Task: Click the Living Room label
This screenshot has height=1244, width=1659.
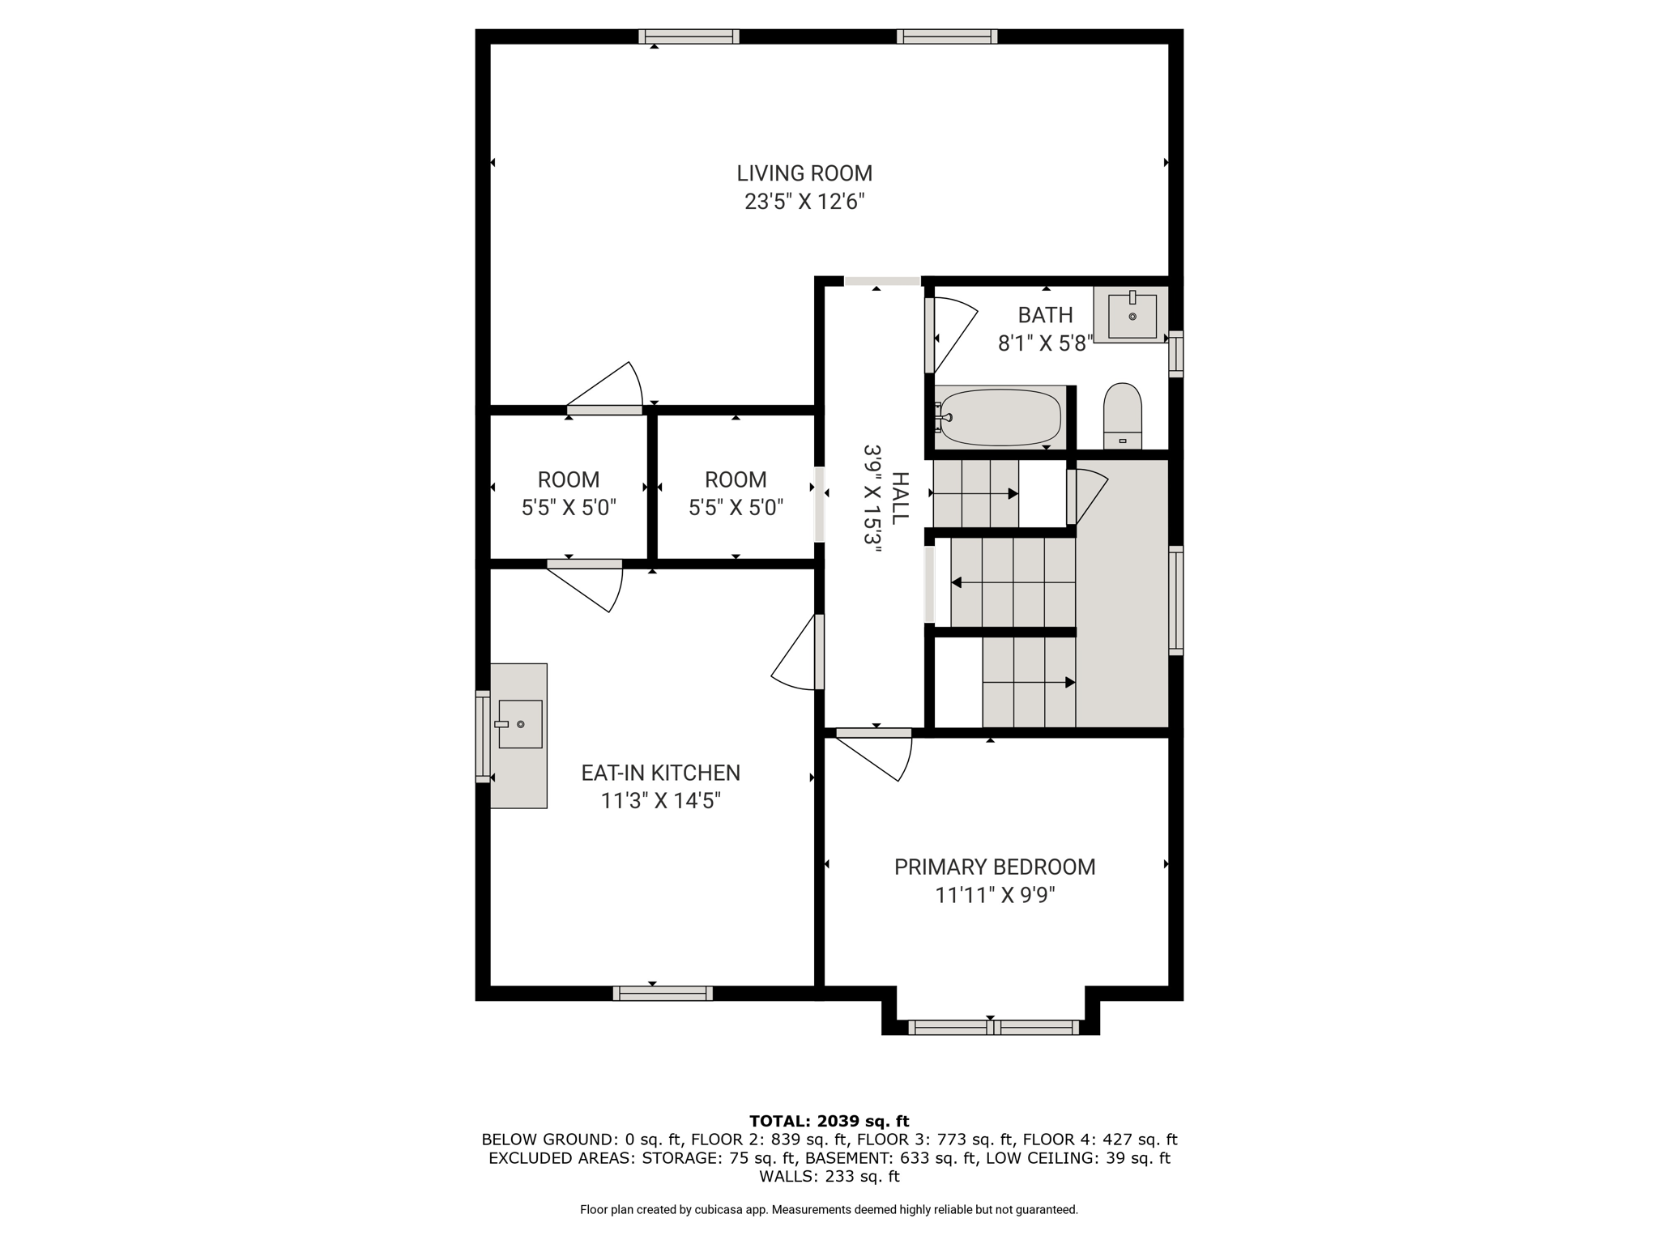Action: click(804, 173)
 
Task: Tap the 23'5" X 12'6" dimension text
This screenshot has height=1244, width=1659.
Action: click(804, 202)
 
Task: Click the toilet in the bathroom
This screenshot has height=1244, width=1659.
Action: click(1123, 415)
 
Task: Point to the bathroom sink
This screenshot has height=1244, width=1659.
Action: click(1132, 315)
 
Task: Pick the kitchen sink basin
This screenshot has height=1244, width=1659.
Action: click(520, 724)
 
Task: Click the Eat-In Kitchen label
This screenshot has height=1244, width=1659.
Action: click(661, 773)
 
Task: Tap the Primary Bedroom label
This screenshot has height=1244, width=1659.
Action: click(995, 867)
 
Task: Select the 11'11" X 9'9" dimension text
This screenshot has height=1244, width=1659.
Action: click(996, 896)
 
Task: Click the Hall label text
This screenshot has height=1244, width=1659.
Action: click(900, 496)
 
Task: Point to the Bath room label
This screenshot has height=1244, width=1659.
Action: click(1045, 315)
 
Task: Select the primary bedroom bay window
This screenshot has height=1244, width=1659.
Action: click(993, 1028)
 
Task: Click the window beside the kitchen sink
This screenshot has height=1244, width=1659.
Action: click(483, 736)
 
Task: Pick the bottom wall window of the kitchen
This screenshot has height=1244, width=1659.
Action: click(663, 994)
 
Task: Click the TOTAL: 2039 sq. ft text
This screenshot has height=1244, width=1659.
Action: click(829, 1122)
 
